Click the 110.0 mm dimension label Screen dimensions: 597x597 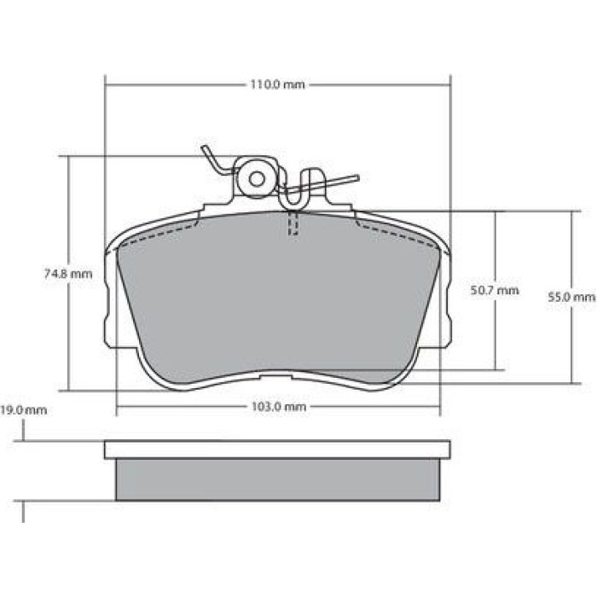[277, 84]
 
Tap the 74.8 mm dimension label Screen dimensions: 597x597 [68, 274]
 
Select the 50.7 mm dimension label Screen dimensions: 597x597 [495, 291]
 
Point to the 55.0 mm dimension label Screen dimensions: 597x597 [571, 297]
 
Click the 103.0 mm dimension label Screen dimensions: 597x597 [279, 407]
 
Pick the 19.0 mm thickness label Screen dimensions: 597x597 [24, 410]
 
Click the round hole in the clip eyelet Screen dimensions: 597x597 [257, 179]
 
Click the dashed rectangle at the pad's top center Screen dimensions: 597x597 [293, 223]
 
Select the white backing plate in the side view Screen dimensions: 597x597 [277, 449]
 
